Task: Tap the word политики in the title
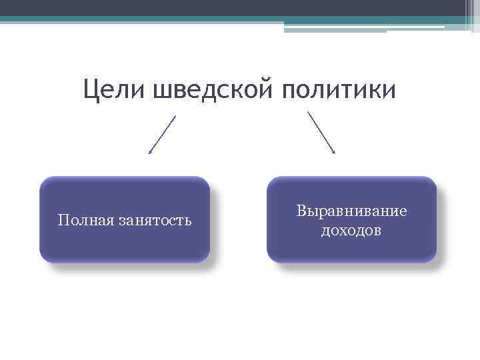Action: pos(338,90)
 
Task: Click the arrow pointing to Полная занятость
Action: pos(162,135)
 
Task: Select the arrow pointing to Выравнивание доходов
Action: pos(321,133)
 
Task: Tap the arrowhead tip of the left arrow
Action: pos(149,154)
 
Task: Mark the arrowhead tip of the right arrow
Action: pos(335,154)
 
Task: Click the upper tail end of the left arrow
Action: pos(176,115)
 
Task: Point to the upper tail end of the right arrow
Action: pos(307,111)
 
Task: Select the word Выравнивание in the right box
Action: pos(351,211)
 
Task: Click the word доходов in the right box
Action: pos(351,231)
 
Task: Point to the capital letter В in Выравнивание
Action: pos(301,211)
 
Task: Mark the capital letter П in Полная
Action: pos(62,220)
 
